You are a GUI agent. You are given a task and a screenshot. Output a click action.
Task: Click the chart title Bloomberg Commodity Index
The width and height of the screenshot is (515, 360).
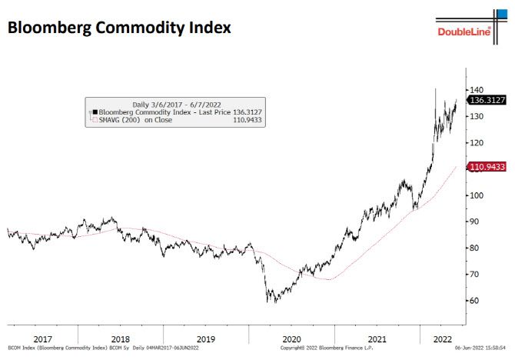coord(119,28)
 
